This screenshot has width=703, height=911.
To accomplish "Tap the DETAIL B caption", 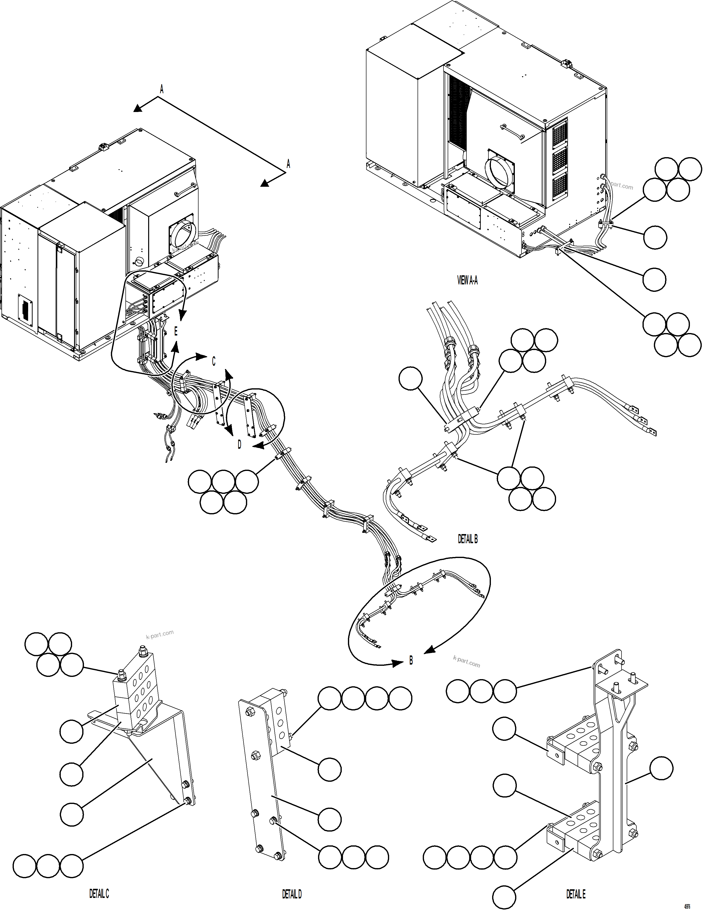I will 467,539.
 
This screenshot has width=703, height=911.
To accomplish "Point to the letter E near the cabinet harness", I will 176,332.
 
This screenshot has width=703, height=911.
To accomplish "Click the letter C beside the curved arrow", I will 214,361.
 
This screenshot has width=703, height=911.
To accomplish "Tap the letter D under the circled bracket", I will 239,445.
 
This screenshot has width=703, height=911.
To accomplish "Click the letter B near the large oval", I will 411,660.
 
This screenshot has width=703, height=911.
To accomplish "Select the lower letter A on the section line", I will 288,164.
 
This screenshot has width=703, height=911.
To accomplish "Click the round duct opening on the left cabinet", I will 184,239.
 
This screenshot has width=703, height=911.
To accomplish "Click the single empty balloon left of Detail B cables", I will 410,378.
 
